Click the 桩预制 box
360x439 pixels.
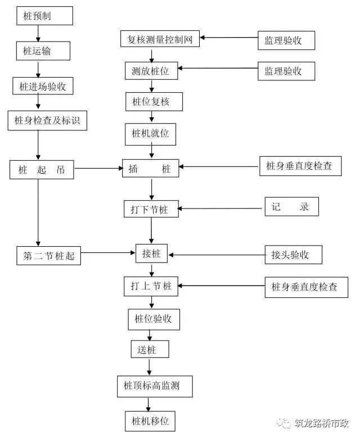pyautogui.click(x=44, y=16)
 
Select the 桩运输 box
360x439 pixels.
pyautogui.click(x=43, y=51)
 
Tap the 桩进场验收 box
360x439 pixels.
pyautogui.click(x=43, y=86)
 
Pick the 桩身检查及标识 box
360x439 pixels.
pyautogui.click(x=47, y=120)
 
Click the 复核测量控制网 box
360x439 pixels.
pyautogui.click(x=160, y=39)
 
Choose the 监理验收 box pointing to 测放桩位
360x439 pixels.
pyautogui.click(x=286, y=71)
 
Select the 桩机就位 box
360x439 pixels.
pyautogui.click(x=150, y=134)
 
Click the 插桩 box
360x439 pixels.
pyautogui.click(x=150, y=168)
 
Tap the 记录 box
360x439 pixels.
pyautogui.click(x=291, y=207)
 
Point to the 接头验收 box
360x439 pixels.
pyautogui.click(x=293, y=255)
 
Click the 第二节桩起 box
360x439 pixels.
pyautogui.click(x=49, y=256)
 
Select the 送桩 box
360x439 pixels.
pyautogui.click(x=150, y=349)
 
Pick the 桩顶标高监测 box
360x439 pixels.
pyautogui.click(x=155, y=386)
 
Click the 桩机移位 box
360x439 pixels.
pyautogui.click(x=150, y=421)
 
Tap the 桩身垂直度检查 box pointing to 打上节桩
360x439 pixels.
pyautogui.click(x=307, y=287)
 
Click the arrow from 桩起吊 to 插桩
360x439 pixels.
pyautogui.click(x=98, y=168)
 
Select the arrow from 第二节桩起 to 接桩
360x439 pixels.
pyautogui.click(x=108, y=253)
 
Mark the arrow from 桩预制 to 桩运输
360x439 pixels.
pyautogui.click(x=38, y=33)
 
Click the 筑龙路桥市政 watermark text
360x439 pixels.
pyautogui.click(x=321, y=423)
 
